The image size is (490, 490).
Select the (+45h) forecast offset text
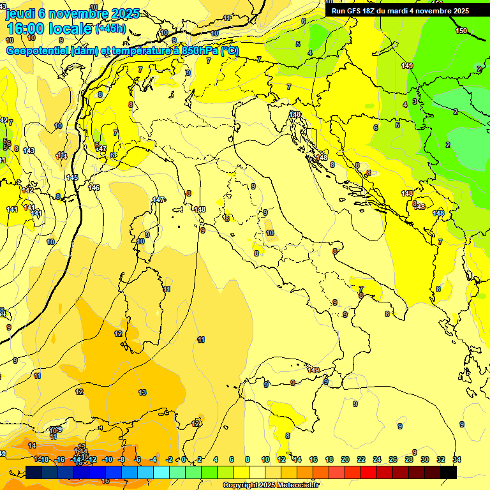coord(110,29)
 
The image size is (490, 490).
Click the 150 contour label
coord(461,31)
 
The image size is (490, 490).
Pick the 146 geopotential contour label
coord(94,188)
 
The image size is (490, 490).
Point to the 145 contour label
coord(72,177)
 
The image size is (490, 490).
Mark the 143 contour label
coord(29,151)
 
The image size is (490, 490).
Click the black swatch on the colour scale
coord(449,471)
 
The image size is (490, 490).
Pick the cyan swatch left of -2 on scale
coord(161,471)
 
